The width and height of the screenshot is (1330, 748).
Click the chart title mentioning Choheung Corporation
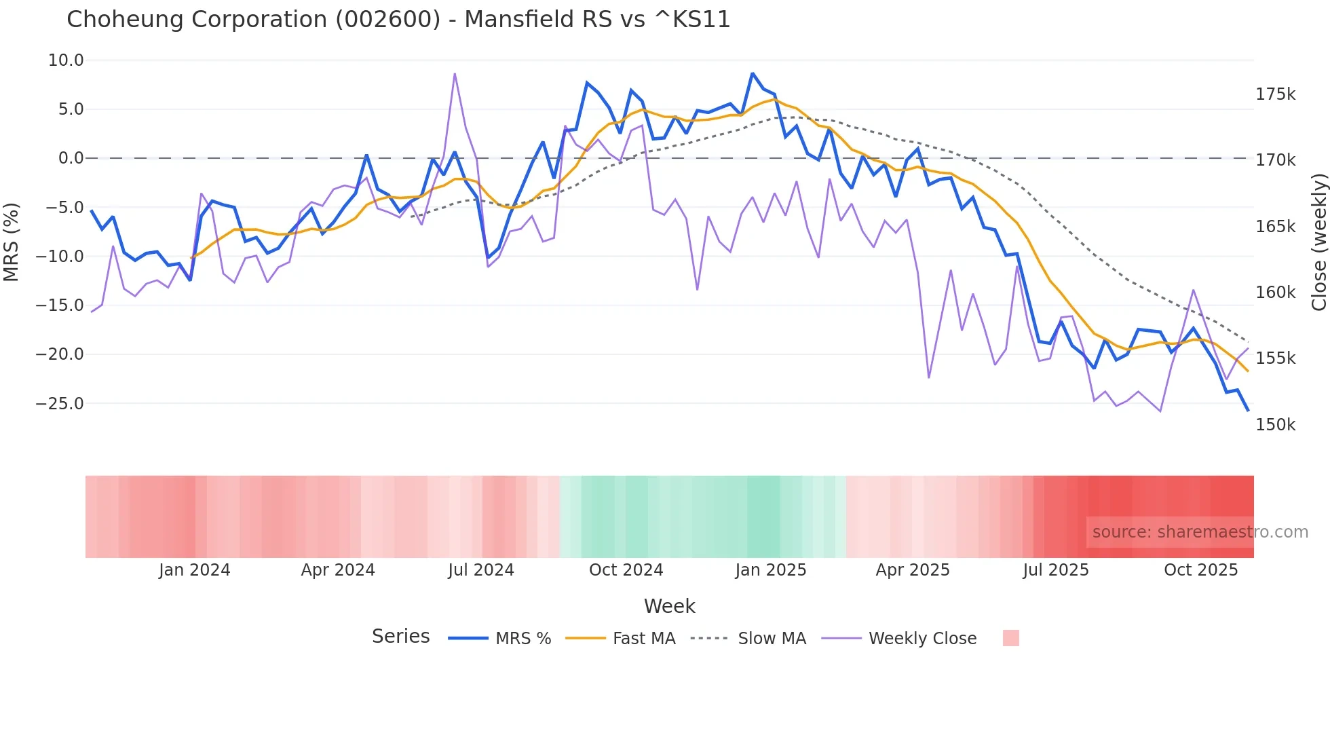(x=398, y=20)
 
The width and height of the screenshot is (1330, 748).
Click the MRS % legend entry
(x=522, y=639)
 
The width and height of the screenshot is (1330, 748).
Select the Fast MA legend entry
(x=643, y=639)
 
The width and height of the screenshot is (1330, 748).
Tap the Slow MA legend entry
(x=772, y=639)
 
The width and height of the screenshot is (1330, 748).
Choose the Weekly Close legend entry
(x=922, y=639)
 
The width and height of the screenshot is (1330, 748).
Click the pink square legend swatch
(x=1010, y=638)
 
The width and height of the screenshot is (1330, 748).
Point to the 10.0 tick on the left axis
(x=66, y=60)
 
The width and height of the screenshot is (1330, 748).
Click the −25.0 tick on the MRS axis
(x=60, y=404)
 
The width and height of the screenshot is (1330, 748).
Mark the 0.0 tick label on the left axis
(x=71, y=158)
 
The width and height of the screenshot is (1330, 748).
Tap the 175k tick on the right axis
(x=1275, y=94)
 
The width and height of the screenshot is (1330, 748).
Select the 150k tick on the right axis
(x=1275, y=425)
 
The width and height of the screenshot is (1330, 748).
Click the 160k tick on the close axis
(x=1275, y=293)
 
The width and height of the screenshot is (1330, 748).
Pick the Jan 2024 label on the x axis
(x=195, y=570)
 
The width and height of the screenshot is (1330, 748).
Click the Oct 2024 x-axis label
(x=626, y=570)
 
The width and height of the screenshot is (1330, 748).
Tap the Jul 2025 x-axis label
(x=1056, y=570)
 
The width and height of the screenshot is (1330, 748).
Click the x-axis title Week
(x=669, y=606)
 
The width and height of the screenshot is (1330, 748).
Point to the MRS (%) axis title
(x=11, y=242)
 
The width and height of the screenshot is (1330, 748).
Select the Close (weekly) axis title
(x=1318, y=242)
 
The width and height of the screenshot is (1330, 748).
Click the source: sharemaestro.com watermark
(x=1200, y=532)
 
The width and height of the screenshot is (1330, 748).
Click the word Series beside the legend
(x=400, y=637)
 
